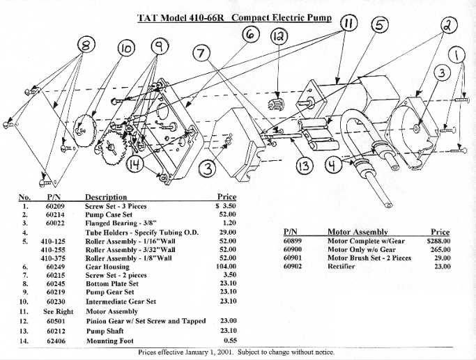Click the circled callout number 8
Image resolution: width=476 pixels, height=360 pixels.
pos(86,46)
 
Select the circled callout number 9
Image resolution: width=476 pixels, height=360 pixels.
pos(160,47)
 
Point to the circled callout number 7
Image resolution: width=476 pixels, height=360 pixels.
pos(203,54)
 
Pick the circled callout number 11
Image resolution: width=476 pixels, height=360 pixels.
pos(349,24)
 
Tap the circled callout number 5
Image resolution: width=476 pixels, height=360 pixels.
pos(380,24)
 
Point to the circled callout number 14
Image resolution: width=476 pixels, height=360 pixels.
pos(136,165)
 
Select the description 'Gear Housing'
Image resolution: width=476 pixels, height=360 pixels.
pos(107,267)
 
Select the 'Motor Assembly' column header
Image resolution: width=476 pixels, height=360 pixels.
pos(358,231)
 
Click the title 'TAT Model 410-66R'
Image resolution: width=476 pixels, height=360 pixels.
pos(186,16)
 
